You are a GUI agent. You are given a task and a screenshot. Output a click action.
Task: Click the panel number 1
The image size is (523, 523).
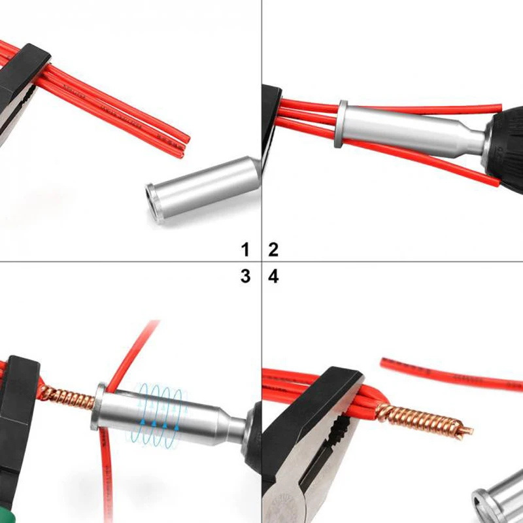[245, 248]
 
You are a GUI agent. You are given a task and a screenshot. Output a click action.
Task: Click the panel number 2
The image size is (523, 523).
[273, 248]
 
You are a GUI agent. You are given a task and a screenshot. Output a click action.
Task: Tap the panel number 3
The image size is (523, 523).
[245, 276]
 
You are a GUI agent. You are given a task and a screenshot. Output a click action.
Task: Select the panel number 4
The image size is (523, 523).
[273, 276]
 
